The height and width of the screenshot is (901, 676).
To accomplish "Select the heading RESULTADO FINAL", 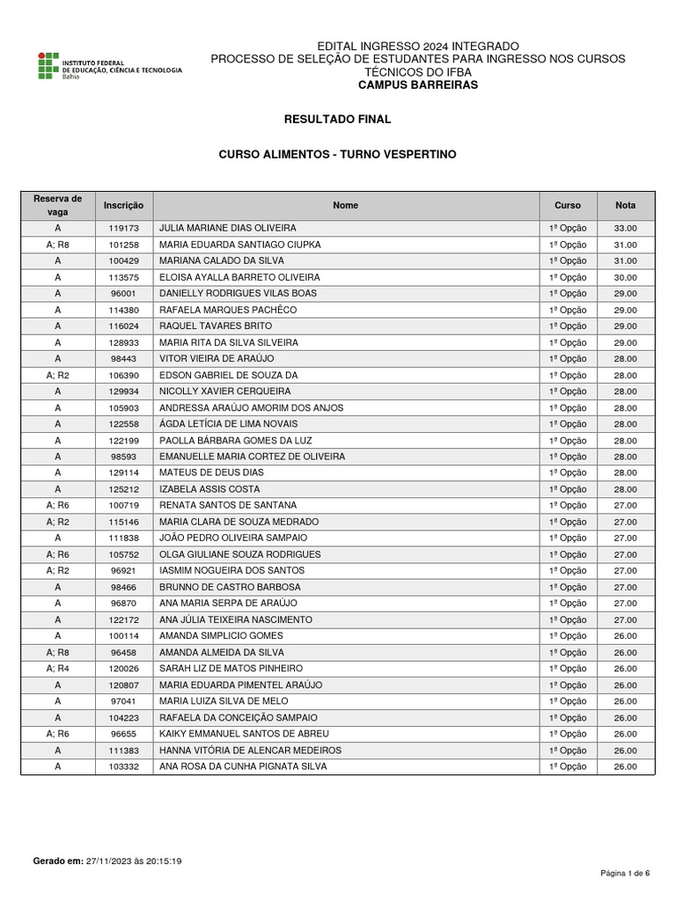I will [337, 119].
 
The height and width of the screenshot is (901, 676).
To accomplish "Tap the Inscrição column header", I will [123, 205].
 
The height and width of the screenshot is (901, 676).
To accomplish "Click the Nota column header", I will [625, 205].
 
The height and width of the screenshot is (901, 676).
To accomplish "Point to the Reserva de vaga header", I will [57, 205].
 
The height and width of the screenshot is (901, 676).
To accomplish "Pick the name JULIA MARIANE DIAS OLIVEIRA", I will [227, 228].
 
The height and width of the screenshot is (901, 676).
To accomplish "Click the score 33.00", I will [625, 228].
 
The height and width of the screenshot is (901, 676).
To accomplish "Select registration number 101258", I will [123, 245].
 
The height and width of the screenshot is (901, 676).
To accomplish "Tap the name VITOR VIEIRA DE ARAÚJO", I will [217, 358].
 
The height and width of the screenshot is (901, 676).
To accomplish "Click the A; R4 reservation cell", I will [57, 669].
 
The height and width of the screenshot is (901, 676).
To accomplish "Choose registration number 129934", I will [123, 392].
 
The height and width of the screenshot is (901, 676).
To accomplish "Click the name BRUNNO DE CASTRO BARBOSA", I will [230, 587].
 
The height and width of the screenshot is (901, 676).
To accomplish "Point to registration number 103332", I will [123, 766].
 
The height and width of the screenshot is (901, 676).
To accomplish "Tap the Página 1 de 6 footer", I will [625, 873].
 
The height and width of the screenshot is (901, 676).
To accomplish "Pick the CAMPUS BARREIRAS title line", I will [417, 85].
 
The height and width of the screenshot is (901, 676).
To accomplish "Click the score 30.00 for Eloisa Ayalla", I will [625, 277].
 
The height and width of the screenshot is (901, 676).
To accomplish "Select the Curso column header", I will [567, 205].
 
